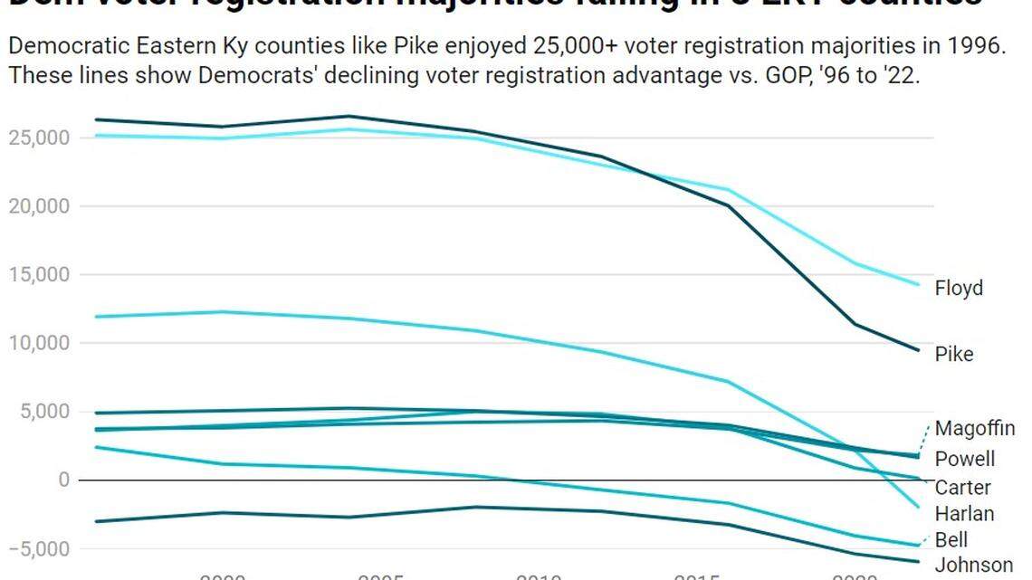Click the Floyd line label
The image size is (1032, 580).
coord(959,289)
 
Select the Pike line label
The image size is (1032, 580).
coord(954,354)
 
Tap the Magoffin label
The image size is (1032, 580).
coord(974,428)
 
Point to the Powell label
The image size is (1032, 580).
coord(964,459)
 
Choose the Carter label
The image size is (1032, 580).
coord(962,488)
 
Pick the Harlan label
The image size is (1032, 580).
coord(964,514)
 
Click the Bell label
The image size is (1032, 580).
coord(951,540)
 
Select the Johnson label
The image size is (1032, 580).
coord(973,566)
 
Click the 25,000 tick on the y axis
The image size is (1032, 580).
coord(39,138)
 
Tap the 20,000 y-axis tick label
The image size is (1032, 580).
coord(39,206)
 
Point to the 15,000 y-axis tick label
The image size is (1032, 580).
coord(39,275)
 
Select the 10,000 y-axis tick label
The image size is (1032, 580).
coord(39,343)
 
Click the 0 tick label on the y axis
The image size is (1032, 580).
coord(64,480)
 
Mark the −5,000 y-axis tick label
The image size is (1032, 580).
coord(39,548)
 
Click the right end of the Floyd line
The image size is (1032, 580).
coord(919,284)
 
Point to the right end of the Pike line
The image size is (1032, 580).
coord(919,350)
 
